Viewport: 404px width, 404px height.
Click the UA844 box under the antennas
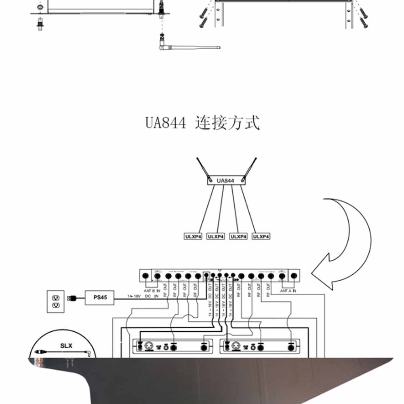click(225, 181)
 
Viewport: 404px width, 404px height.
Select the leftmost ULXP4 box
click(193, 236)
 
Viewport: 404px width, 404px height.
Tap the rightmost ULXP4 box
click(261, 236)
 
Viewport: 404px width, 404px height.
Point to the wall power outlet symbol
click(55, 301)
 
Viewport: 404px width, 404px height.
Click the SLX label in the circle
click(66, 345)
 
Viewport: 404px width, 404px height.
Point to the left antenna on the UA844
click(202, 168)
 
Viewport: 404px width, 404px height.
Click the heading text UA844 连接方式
click(202, 122)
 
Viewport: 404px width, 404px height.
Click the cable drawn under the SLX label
click(65, 353)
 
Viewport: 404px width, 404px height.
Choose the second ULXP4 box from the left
click(215, 236)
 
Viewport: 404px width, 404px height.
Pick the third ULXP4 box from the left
click(238, 236)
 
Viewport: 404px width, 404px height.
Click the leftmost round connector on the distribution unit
click(146, 276)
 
